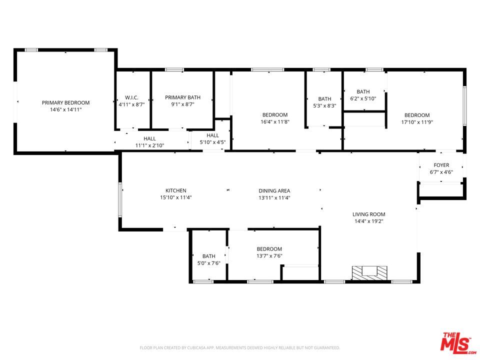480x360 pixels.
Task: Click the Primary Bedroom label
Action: (x=66, y=103)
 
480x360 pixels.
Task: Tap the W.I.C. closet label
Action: (x=131, y=97)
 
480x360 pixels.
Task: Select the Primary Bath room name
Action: (x=183, y=97)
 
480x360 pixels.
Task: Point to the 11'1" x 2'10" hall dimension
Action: (x=149, y=145)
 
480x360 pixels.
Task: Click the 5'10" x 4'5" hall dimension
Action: (x=213, y=142)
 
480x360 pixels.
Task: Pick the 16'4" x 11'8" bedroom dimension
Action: (x=275, y=121)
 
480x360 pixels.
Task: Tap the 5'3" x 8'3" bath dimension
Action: (x=325, y=105)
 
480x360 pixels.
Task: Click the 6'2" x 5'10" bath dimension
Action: (x=363, y=98)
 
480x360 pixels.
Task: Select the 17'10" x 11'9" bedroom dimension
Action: (x=417, y=122)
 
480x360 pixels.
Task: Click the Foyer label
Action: (x=441, y=165)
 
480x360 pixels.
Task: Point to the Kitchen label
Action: (x=176, y=190)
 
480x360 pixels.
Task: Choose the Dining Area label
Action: (x=274, y=190)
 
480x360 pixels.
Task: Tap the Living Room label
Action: (x=369, y=214)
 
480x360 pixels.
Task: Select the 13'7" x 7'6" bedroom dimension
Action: (x=269, y=256)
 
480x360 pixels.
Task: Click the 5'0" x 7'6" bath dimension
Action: (x=209, y=263)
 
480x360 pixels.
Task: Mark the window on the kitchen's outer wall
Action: (x=120, y=200)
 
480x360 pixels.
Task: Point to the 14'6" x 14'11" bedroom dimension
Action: (x=66, y=109)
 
